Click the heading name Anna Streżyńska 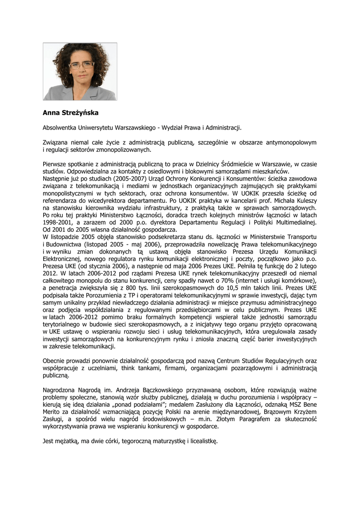click(71, 113)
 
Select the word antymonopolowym click(291, 142)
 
